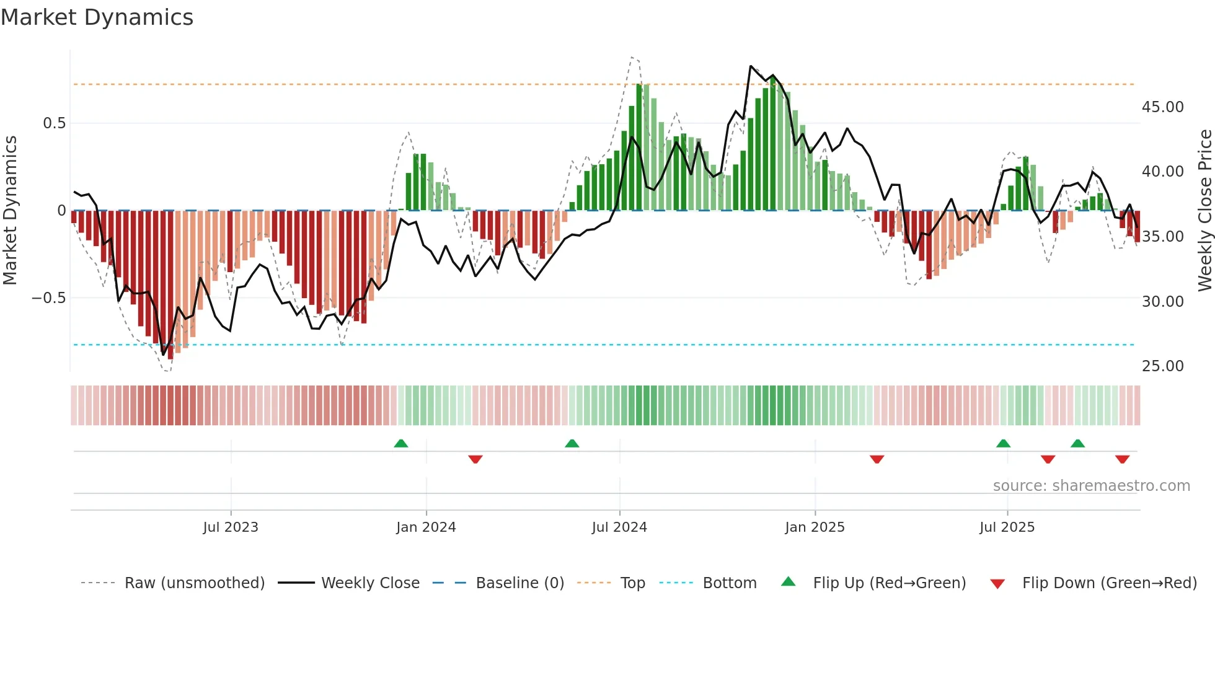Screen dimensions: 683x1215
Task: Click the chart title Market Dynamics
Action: (x=97, y=17)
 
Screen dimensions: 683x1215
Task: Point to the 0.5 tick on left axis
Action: (x=54, y=123)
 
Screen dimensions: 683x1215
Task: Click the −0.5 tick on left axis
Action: (x=48, y=298)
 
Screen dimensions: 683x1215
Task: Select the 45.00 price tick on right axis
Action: (x=1162, y=107)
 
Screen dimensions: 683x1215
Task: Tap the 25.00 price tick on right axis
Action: (x=1162, y=366)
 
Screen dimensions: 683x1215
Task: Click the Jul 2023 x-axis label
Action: (x=230, y=527)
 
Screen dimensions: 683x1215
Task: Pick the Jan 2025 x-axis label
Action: (x=814, y=527)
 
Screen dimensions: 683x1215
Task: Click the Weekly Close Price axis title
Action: (x=1204, y=211)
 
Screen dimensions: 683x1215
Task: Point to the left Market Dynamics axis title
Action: (x=10, y=211)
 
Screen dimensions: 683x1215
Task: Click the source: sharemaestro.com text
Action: (x=1091, y=486)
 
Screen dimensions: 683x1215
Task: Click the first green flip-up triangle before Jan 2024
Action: (x=401, y=443)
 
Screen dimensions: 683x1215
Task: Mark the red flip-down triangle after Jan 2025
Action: (x=877, y=459)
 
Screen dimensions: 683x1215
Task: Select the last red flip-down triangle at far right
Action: (x=1122, y=459)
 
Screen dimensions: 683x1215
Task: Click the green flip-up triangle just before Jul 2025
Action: (x=1003, y=443)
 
